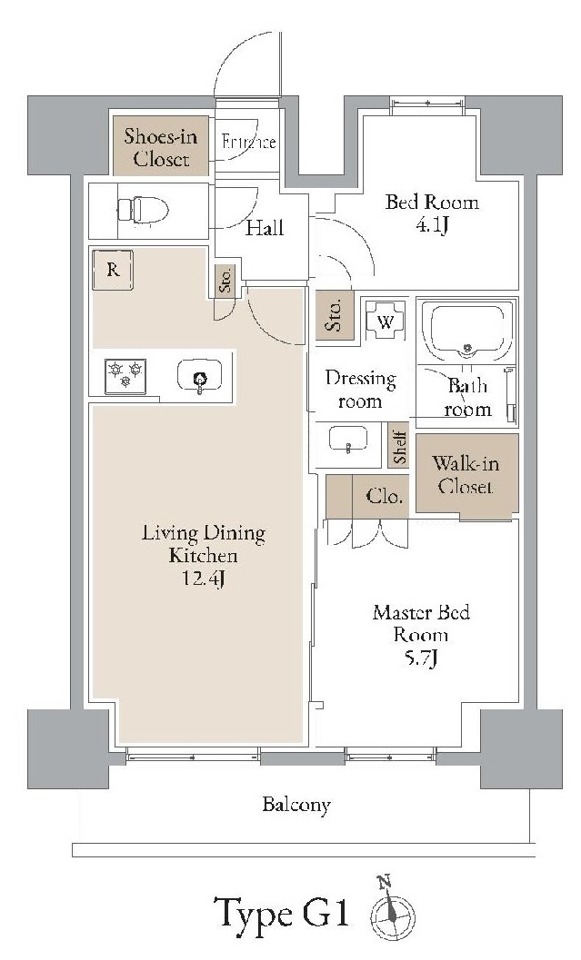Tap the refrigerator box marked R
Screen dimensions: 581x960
click(x=113, y=270)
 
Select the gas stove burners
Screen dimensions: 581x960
click(x=125, y=376)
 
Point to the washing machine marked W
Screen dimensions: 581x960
click(x=386, y=321)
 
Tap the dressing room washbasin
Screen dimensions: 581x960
click(x=348, y=440)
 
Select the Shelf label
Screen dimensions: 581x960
click(x=399, y=446)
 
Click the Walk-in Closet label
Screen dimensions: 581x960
click(x=466, y=474)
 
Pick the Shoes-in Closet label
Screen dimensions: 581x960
click(x=161, y=147)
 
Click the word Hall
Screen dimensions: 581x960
click(x=265, y=228)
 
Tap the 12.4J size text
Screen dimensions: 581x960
click(x=204, y=578)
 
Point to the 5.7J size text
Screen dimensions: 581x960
click(x=421, y=658)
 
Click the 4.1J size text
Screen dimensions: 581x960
click(x=432, y=226)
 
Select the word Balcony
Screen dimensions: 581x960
click(x=296, y=804)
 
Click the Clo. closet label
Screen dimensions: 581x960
click(x=386, y=496)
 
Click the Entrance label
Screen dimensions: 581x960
click(x=248, y=142)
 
